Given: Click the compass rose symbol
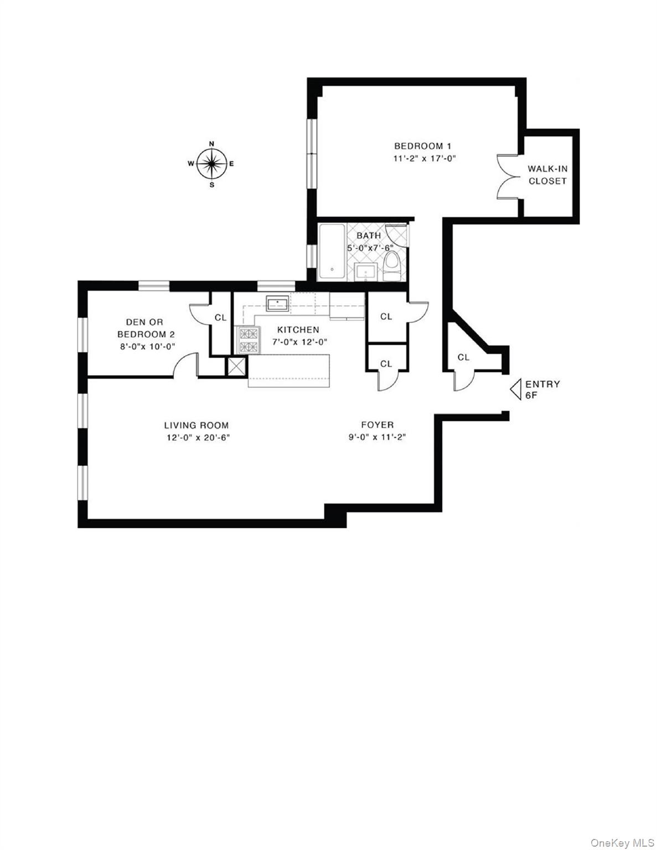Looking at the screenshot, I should pyautogui.click(x=211, y=163).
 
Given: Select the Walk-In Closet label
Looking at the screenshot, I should pyautogui.click(x=547, y=175).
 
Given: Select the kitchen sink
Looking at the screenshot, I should pyautogui.click(x=277, y=304).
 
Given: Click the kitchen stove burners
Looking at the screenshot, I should pyautogui.click(x=248, y=340).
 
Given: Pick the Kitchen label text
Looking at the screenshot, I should pyautogui.click(x=298, y=329).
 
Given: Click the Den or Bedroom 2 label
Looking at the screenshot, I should pyautogui.click(x=145, y=328).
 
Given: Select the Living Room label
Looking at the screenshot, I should pyautogui.click(x=196, y=425).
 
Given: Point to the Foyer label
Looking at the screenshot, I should pyautogui.click(x=377, y=424).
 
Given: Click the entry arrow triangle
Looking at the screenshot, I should pyautogui.click(x=515, y=389).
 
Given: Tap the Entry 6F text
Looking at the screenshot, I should pyautogui.click(x=542, y=389).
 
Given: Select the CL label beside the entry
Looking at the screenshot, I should pyautogui.click(x=463, y=357).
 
